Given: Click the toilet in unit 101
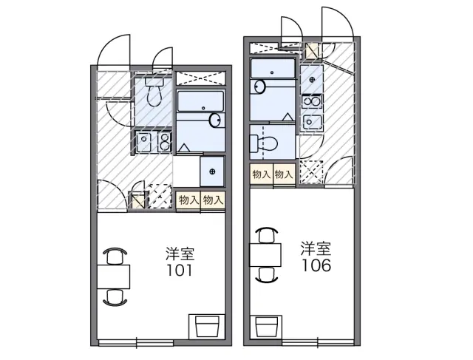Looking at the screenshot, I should coord(154,92).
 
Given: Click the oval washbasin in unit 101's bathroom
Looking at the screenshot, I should coord(216,120).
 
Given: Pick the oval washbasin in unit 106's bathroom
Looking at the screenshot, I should coord(259,86).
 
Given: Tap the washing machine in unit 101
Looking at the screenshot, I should coord(212,171).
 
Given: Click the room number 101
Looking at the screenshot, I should coord(180,271).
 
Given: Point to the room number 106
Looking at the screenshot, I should coord(316,264).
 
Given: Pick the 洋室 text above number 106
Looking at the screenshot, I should coord(316,248).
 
